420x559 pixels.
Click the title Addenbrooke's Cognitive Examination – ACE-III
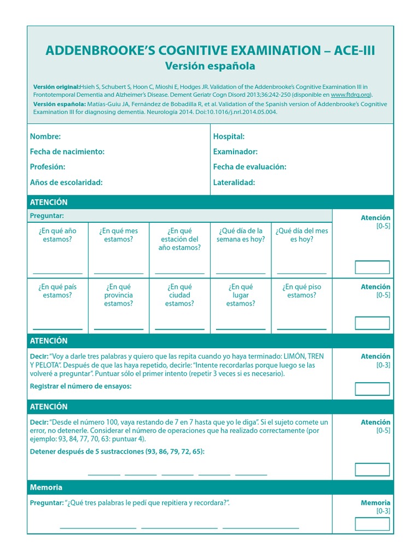click(x=210, y=51)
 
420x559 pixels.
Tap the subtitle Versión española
click(x=210, y=66)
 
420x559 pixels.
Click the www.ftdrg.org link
click(x=351, y=94)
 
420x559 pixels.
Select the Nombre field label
click(x=45, y=136)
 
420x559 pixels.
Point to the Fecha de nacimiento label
click(x=67, y=152)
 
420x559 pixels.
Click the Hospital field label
click(x=229, y=136)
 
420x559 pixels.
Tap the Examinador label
click(x=235, y=152)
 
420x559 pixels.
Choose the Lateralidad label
click(x=234, y=182)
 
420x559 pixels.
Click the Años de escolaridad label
click(x=66, y=182)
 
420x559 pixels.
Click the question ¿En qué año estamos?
click(x=57, y=235)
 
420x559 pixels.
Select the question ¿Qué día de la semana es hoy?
click(x=241, y=235)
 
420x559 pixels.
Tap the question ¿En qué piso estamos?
click(x=302, y=291)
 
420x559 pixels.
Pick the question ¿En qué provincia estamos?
click(x=119, y=295)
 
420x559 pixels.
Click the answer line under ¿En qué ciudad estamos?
click(x=179, y=329)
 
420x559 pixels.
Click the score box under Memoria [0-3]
click(x=372, y=524)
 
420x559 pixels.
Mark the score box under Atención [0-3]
click(x=372, y=389)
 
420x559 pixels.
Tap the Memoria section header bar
click(x=210, y=487)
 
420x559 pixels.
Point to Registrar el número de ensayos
click(x=81, y=386)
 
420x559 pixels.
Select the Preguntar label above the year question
click(x=47, y=216)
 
